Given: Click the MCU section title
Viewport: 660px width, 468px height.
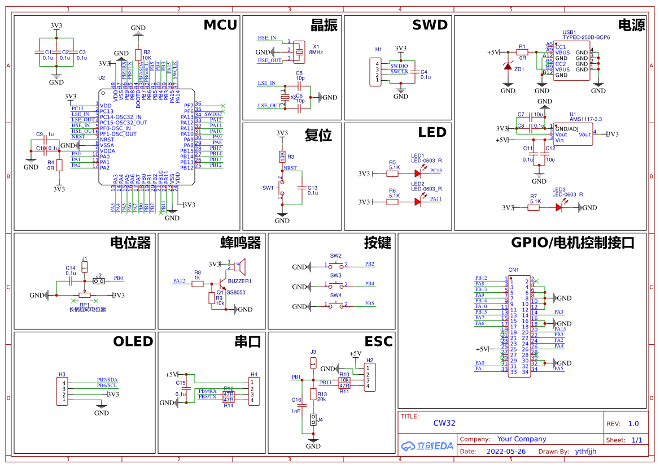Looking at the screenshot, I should tap(221, 25).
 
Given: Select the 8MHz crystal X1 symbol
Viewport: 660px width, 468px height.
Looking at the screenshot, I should tap(299, 49).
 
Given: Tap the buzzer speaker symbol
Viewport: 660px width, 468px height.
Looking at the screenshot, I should tap(241, 265).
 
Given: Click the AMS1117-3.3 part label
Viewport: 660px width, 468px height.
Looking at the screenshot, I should tap(585, 119).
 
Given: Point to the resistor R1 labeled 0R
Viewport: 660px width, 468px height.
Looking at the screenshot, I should tap(522, 52).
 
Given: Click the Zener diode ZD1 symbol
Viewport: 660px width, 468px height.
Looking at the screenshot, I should tap(508, 67).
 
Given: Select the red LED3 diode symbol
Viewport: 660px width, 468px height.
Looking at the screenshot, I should tap(559, 207).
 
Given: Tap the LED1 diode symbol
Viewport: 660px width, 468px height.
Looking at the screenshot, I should tap(418, 174).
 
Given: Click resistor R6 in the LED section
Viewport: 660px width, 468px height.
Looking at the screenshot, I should tap(394, 202).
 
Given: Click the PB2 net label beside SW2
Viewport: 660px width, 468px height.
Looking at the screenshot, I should tap(369, 264).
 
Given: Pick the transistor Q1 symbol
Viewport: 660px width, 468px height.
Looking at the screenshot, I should tap(221, 283).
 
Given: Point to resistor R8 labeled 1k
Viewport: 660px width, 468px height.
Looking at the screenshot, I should tap(198, 284).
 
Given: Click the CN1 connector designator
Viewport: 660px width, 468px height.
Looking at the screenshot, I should tap(513, 270).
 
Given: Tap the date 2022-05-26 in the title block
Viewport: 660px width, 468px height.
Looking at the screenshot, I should tap(505, 452).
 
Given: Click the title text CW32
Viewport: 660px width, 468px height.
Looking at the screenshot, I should tap(444, 423).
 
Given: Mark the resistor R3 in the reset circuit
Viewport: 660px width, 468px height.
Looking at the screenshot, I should tap(282, 157).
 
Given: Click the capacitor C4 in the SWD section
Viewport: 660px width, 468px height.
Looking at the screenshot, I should tap(416, 72).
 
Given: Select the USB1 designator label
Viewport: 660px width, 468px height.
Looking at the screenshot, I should tap(569, 32).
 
